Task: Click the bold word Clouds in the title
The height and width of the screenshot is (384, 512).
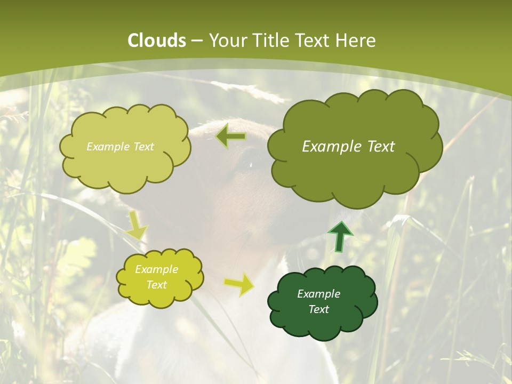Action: click(x=157, y=41)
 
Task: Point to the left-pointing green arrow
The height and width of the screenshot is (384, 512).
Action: click(x=231, y=137)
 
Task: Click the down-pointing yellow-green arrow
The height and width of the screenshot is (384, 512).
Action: click(x=136, y=225)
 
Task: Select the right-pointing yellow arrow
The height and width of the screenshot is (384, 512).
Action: click(x=239, y=285)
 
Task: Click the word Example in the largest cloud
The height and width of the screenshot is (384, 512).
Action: click(x=333, y=147)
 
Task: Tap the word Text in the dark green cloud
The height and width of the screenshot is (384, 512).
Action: click(x=318, y=309)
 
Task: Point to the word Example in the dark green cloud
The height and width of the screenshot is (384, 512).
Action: click(x=318, y=294)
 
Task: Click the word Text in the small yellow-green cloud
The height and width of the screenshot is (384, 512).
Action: click(x=157, y=285)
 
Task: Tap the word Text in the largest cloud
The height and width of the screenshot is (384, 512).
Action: click(x=381, y=147)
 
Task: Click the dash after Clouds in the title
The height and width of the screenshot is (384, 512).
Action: click(x=197, y=41)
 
